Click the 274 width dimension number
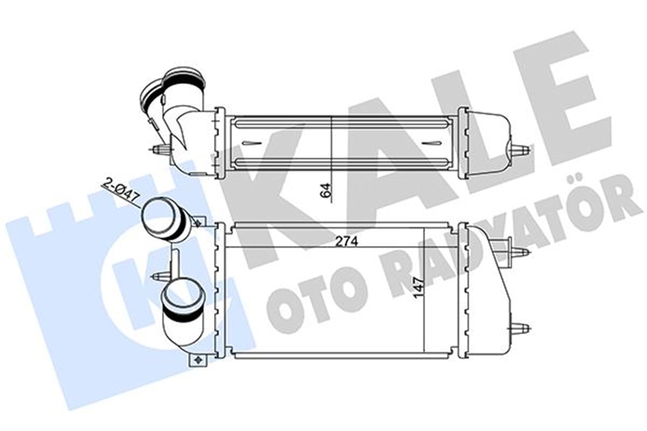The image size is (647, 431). click(x=347, y=241)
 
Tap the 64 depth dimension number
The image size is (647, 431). click(x=327, y=190)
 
